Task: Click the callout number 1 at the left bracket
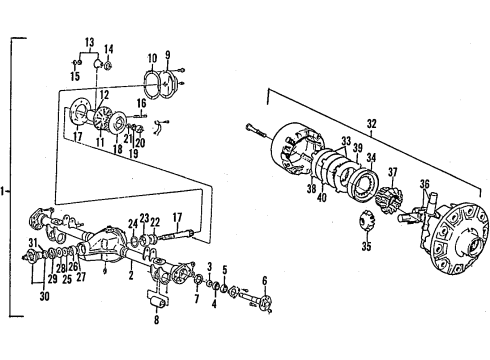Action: coord(4,191)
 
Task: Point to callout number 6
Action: coord(265,280)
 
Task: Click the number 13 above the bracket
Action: coord(91,43)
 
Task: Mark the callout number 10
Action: coord(151,57)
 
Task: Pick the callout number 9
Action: coord(167,55)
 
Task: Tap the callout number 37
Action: coord(392,171)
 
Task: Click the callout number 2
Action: coord(131,273)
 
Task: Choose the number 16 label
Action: coord(142,103)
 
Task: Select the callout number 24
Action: coord(131,224)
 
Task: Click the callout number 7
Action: coord(196,300)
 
